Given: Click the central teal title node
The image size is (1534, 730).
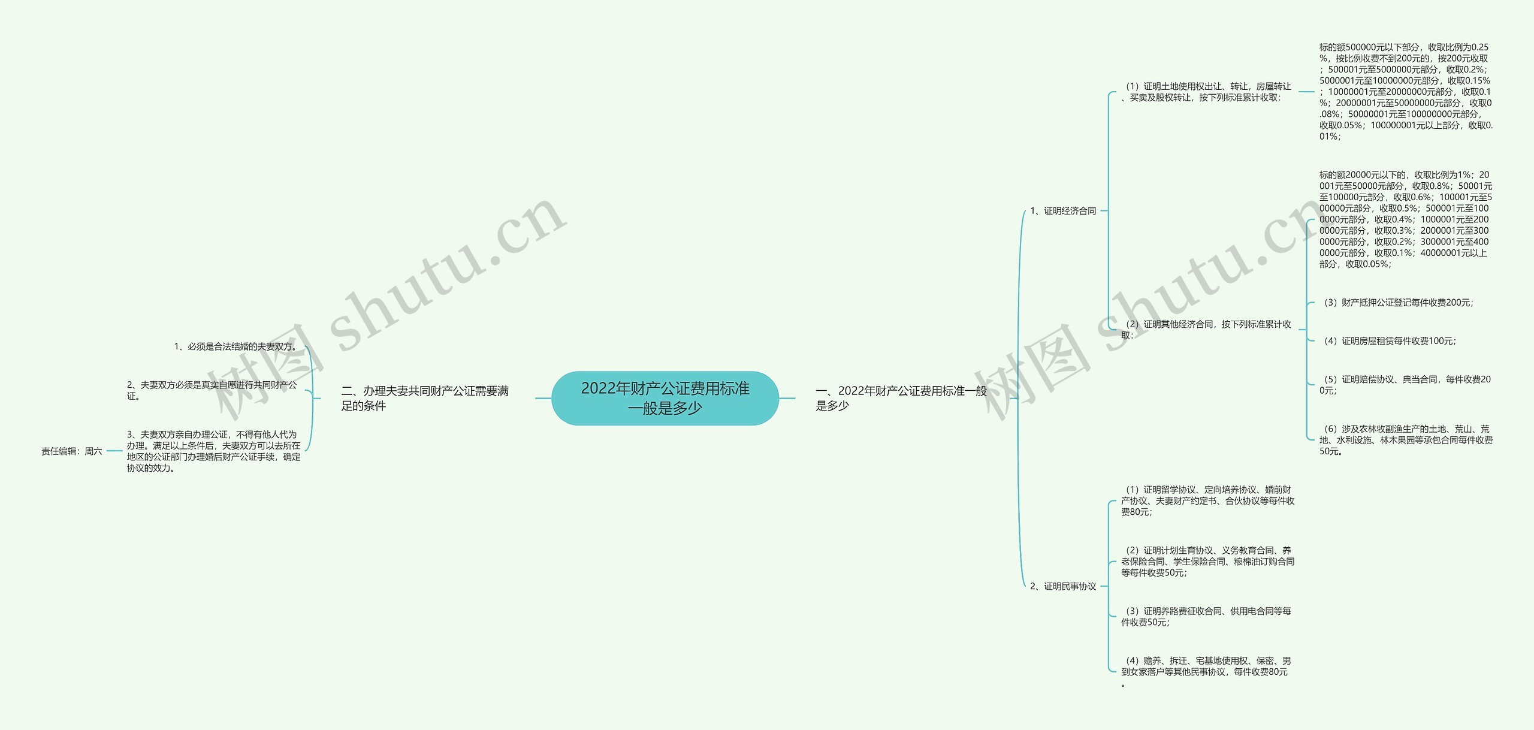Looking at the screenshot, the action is coord(665,398).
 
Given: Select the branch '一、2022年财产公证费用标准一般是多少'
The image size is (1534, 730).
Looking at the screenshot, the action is coord(901,398).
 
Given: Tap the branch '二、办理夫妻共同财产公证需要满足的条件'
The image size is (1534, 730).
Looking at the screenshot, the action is coord(425,398).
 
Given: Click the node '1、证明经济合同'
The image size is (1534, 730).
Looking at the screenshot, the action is coord(1063,211).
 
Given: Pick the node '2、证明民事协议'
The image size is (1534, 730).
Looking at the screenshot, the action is coord(1063,586).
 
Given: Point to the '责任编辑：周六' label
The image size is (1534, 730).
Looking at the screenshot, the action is coord(72,451).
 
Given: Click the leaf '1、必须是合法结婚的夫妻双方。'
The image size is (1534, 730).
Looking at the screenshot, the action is coord(237,346).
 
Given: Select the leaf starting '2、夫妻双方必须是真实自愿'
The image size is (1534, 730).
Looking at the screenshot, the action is coord(212,390).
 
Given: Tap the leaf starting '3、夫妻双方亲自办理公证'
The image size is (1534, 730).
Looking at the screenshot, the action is coord(213,451).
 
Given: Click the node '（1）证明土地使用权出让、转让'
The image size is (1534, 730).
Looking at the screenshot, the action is coord(1206,92).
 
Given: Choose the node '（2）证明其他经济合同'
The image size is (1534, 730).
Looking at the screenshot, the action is coord(1206,330).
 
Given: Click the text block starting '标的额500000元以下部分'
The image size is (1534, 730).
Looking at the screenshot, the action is coord(1406,92).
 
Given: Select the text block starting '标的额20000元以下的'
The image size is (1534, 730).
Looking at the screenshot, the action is coord(1406,219).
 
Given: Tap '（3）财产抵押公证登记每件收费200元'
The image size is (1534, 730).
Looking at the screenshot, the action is coord(1397,303).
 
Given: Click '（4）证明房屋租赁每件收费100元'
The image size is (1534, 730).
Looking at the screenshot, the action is coord(1389,341).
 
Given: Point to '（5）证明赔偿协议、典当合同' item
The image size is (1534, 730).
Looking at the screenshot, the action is coord(1405,385).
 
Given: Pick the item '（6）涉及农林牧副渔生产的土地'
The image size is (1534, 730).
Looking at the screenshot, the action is coord(1406,440).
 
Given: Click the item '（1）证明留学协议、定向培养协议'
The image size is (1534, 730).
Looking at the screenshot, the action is coord(1207,500).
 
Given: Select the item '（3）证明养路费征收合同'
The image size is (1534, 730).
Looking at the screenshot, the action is coord(1206,617).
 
